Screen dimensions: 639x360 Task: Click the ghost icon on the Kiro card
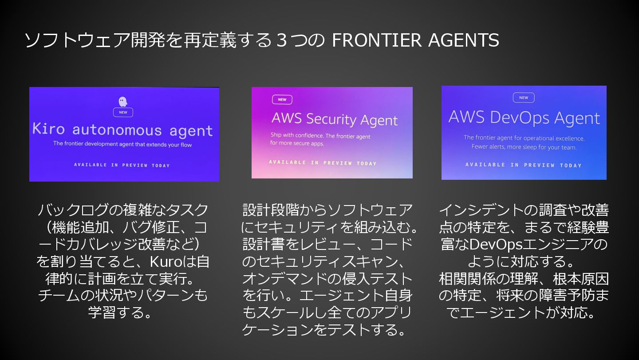(x=123, y=102)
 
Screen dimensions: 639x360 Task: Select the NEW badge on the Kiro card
(x=123, y=112)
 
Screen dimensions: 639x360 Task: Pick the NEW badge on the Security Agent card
(x=282, y=99)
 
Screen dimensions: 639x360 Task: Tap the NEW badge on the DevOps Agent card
(x=524, y=98)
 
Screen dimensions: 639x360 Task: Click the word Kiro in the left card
(x=49, y=129)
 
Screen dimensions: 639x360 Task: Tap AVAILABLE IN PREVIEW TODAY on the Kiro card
(x=122, y=165)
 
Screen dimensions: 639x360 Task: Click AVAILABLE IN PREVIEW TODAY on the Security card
(x=323, y=163)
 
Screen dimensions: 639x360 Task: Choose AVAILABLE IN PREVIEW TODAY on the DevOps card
(x=524, y=165)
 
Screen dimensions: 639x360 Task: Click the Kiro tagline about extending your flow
(x=122, y=144)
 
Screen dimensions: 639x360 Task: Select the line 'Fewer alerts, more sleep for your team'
(x=524, y=147)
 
